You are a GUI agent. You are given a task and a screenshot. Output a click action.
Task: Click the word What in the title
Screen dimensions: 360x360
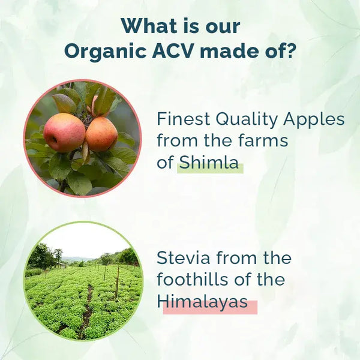point(148,26)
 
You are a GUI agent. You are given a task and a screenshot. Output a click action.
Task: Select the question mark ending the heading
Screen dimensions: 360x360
point(290,52)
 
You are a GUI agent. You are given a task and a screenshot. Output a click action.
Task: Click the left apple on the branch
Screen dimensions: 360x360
point(64,132)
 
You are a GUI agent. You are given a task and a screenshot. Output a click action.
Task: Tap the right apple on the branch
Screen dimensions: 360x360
point(101,134)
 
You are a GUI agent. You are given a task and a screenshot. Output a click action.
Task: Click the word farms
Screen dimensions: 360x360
point(263,141)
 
